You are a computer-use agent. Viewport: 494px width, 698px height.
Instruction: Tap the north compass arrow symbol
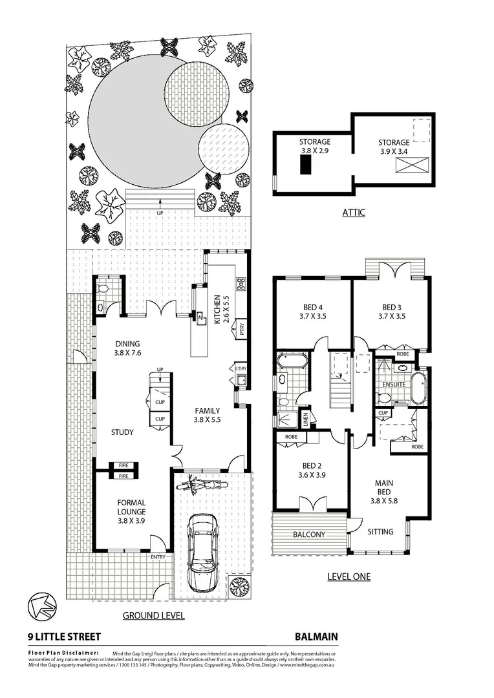(41, 606)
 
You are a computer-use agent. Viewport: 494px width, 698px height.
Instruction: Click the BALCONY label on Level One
(309, 534)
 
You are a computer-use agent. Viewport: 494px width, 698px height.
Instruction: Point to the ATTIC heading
(353, 212)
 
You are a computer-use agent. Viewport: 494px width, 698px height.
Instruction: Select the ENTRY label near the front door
(158, 557)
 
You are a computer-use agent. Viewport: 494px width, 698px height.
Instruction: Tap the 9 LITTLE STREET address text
(65, 636)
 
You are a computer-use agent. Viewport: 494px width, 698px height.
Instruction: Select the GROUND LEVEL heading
(153, 615)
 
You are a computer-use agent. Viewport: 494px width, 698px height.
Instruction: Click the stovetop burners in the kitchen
(241, 283)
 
